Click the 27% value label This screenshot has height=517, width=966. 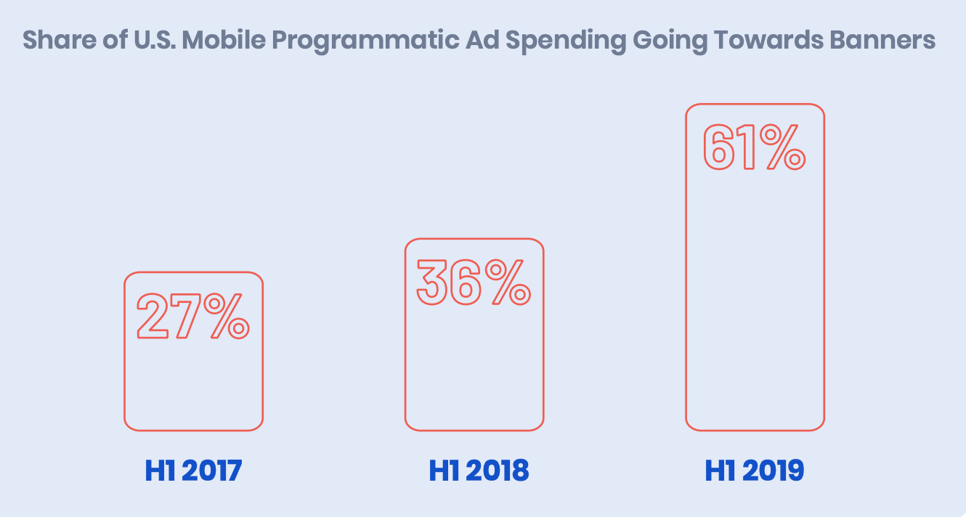pyautogui.click(x=192, y=316)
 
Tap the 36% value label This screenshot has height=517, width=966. pyautogui.click(x=474, y=282)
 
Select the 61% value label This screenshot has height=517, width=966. pyautogui.click(x=754, y=147)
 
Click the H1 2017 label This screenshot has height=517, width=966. pyautogui.click(x=193, y=471)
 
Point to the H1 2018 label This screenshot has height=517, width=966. pyautogui.click(x=479, y=471)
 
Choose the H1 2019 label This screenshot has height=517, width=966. pyautogui.click(x=754, y=471)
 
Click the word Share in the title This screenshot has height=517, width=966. pyautogui.click(x=60, y=40)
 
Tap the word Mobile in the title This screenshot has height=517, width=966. pyautogui.click(x=224, y=40)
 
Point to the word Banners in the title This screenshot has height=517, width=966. pyautogui.click(x=882, y=40)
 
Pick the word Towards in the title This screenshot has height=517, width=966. pyautogui.click(x=768, y=40)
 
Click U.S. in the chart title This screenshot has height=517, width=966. pyautogui.click(x=155, y=40)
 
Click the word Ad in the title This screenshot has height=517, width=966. pyautogui.click(x=482, y=40)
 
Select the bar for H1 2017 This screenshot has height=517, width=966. pyautogui.click(x=125, y=351)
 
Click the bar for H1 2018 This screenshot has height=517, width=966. pyautogui.click(x=405, y=335)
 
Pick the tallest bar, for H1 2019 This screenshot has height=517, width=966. pyautogui.click(x=686, y=267)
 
